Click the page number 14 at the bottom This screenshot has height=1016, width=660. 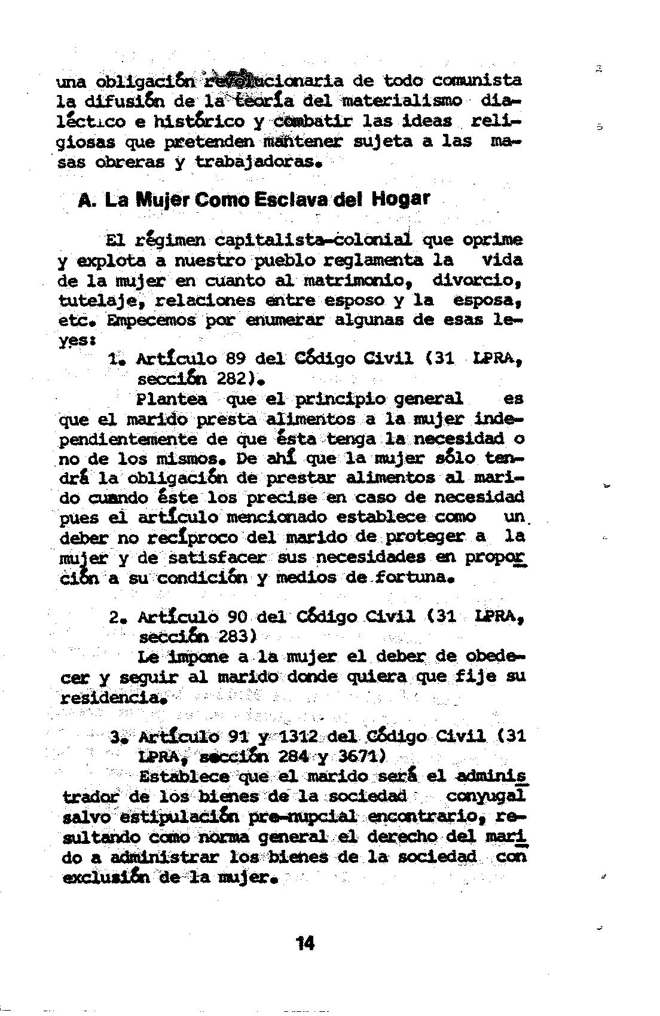[305, 944]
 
